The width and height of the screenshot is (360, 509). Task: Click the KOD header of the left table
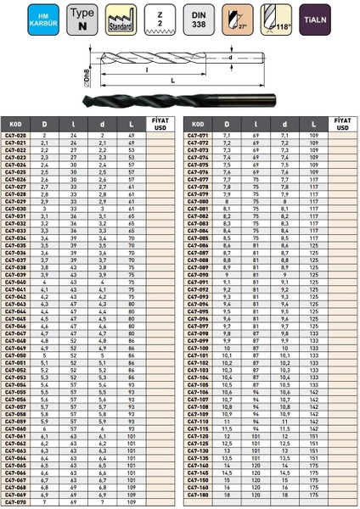[x=14, y=124]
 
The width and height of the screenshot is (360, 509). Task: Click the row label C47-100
[x=198, y=347]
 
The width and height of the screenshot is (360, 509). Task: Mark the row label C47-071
[x=198, y=136]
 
